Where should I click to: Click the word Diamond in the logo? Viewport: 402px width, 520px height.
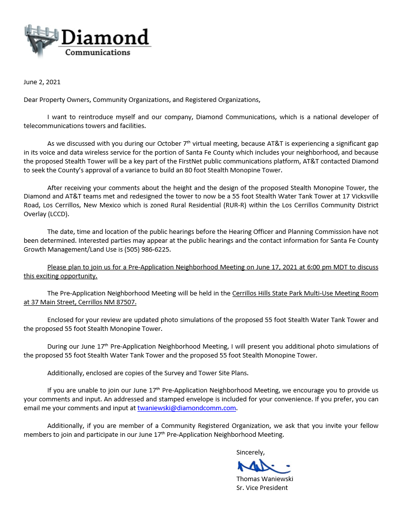pos(105,37)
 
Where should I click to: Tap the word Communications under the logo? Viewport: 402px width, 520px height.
pos(98,52)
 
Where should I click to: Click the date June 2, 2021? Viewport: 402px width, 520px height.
pos(42,82)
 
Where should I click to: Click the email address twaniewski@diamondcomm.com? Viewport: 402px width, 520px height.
pos(187,408)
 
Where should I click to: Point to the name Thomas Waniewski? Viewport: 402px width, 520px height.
pos(265,479)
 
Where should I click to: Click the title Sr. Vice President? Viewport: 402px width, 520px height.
pos(262,487)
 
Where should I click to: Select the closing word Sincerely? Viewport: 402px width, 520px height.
pos(250,452)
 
